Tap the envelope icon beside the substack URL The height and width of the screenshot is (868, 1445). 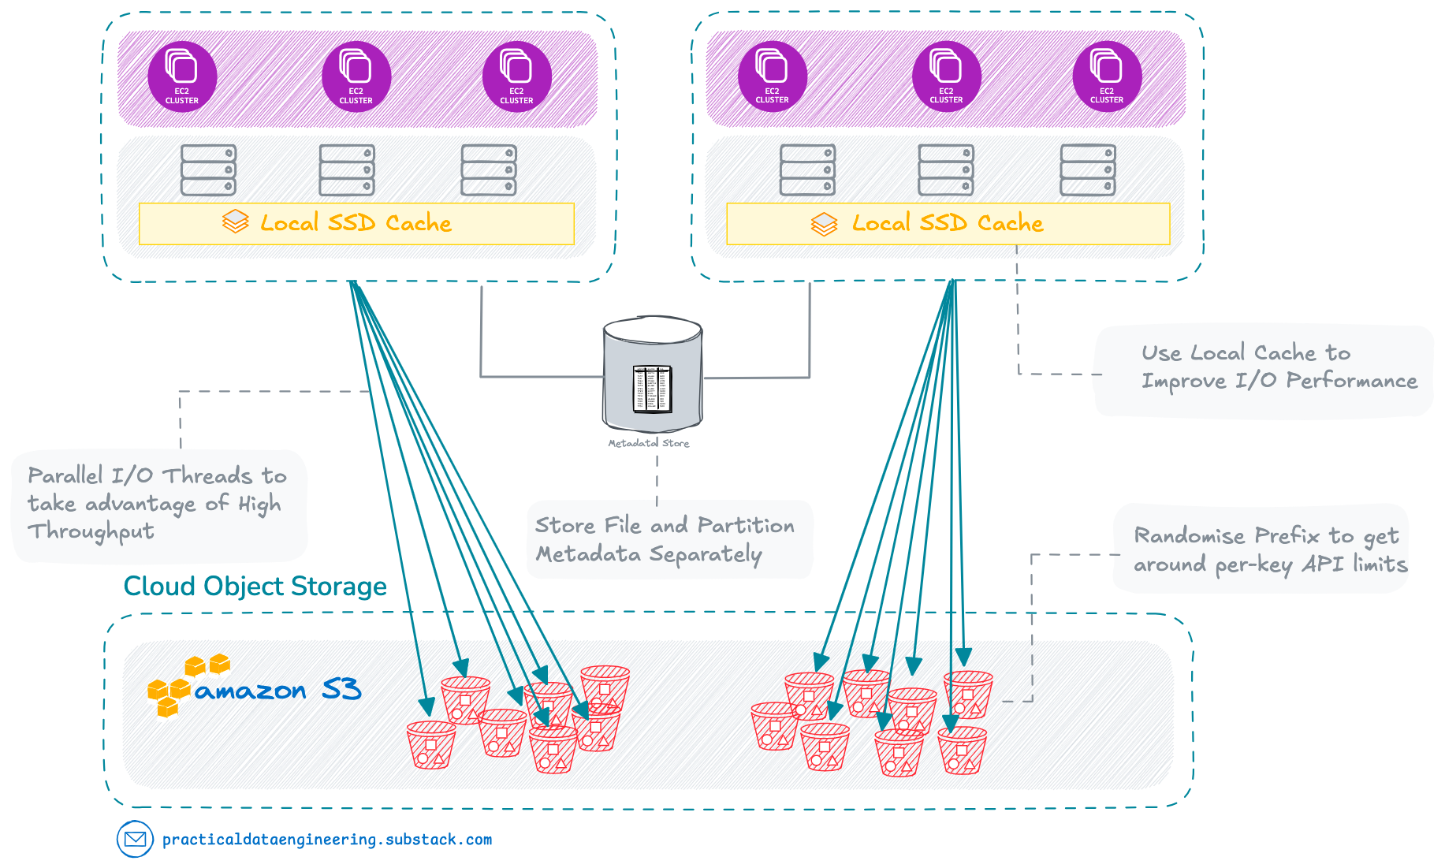coord(135,840)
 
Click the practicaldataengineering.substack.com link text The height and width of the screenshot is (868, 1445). coord(327,840)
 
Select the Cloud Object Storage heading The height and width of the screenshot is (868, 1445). coord(255,587)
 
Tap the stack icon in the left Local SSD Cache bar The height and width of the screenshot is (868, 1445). coord(235,222)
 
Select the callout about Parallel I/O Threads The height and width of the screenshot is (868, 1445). coord(158,505)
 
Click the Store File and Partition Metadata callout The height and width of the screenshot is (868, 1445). coord(668,540)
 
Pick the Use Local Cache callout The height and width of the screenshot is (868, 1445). coord(1263,369)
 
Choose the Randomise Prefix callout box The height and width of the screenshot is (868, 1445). coord(1261,549)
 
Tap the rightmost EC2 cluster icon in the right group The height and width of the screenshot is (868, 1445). coord(1106,72)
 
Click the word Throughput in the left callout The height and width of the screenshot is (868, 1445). coord(91,532)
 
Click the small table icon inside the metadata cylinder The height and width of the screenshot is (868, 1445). coord(652,389)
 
